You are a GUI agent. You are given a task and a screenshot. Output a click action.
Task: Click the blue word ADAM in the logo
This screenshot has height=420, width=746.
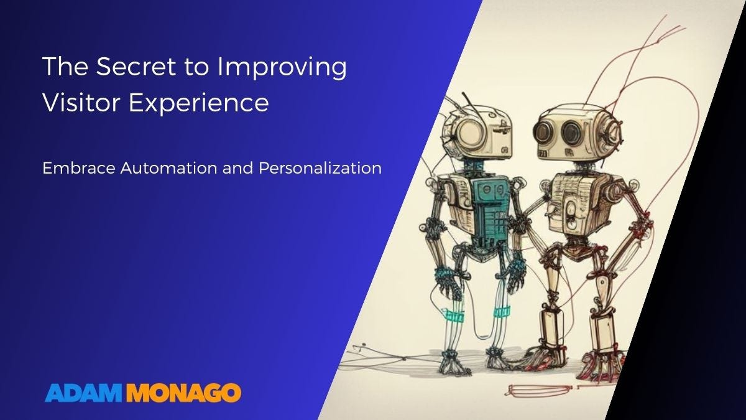pos(84,393)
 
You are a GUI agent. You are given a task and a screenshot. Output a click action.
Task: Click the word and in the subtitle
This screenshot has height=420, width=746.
pos(229,168)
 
